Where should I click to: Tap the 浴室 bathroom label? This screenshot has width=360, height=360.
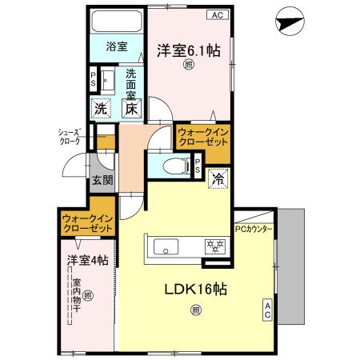pos(117,46)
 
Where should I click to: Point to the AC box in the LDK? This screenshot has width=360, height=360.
pos(267,310)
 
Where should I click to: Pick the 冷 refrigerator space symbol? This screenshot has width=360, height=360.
pos(216,180)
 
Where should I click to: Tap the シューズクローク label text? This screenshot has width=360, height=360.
pos(70,137)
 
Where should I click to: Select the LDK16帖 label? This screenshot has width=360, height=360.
pos(196,290)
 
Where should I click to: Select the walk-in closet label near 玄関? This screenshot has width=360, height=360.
pos(87,222)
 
